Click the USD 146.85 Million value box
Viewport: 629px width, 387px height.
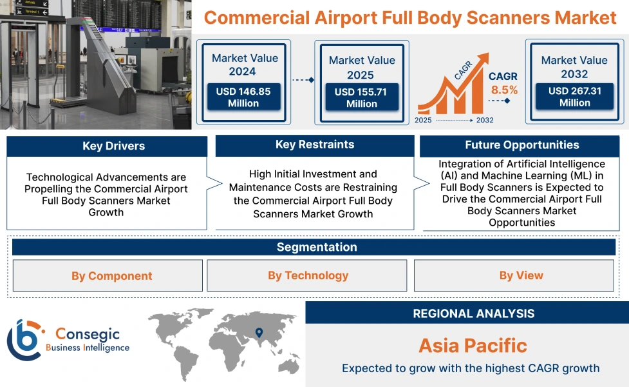click(x=243, y=97)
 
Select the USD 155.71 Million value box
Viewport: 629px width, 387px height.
click(x=361, y=98)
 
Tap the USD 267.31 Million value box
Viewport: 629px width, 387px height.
click(x=574, y=97)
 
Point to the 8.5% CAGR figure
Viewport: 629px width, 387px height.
click(x=504, y=90)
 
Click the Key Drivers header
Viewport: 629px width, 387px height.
click(x=106, y=146)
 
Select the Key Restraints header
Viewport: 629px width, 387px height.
click(x=314, y=145)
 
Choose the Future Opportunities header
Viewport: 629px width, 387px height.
click(x=521, y=145)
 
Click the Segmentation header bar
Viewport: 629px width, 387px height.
click(x=316, y=247)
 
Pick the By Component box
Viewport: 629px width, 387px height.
click(x=108, y=275)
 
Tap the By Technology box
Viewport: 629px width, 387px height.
click(x=307, y=275)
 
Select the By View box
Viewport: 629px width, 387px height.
click(x=520, y=275)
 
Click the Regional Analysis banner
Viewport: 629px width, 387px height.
click(x=473, y=313)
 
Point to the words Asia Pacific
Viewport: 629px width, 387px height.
click(x=473, y=345)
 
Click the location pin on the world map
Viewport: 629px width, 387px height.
click(x=259, y=333)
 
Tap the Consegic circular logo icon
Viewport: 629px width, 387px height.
click(x=24, y=339)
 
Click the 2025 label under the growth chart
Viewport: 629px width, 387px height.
click(x=423, y=120)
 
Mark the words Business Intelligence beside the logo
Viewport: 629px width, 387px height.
click(x=87, y=348)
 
